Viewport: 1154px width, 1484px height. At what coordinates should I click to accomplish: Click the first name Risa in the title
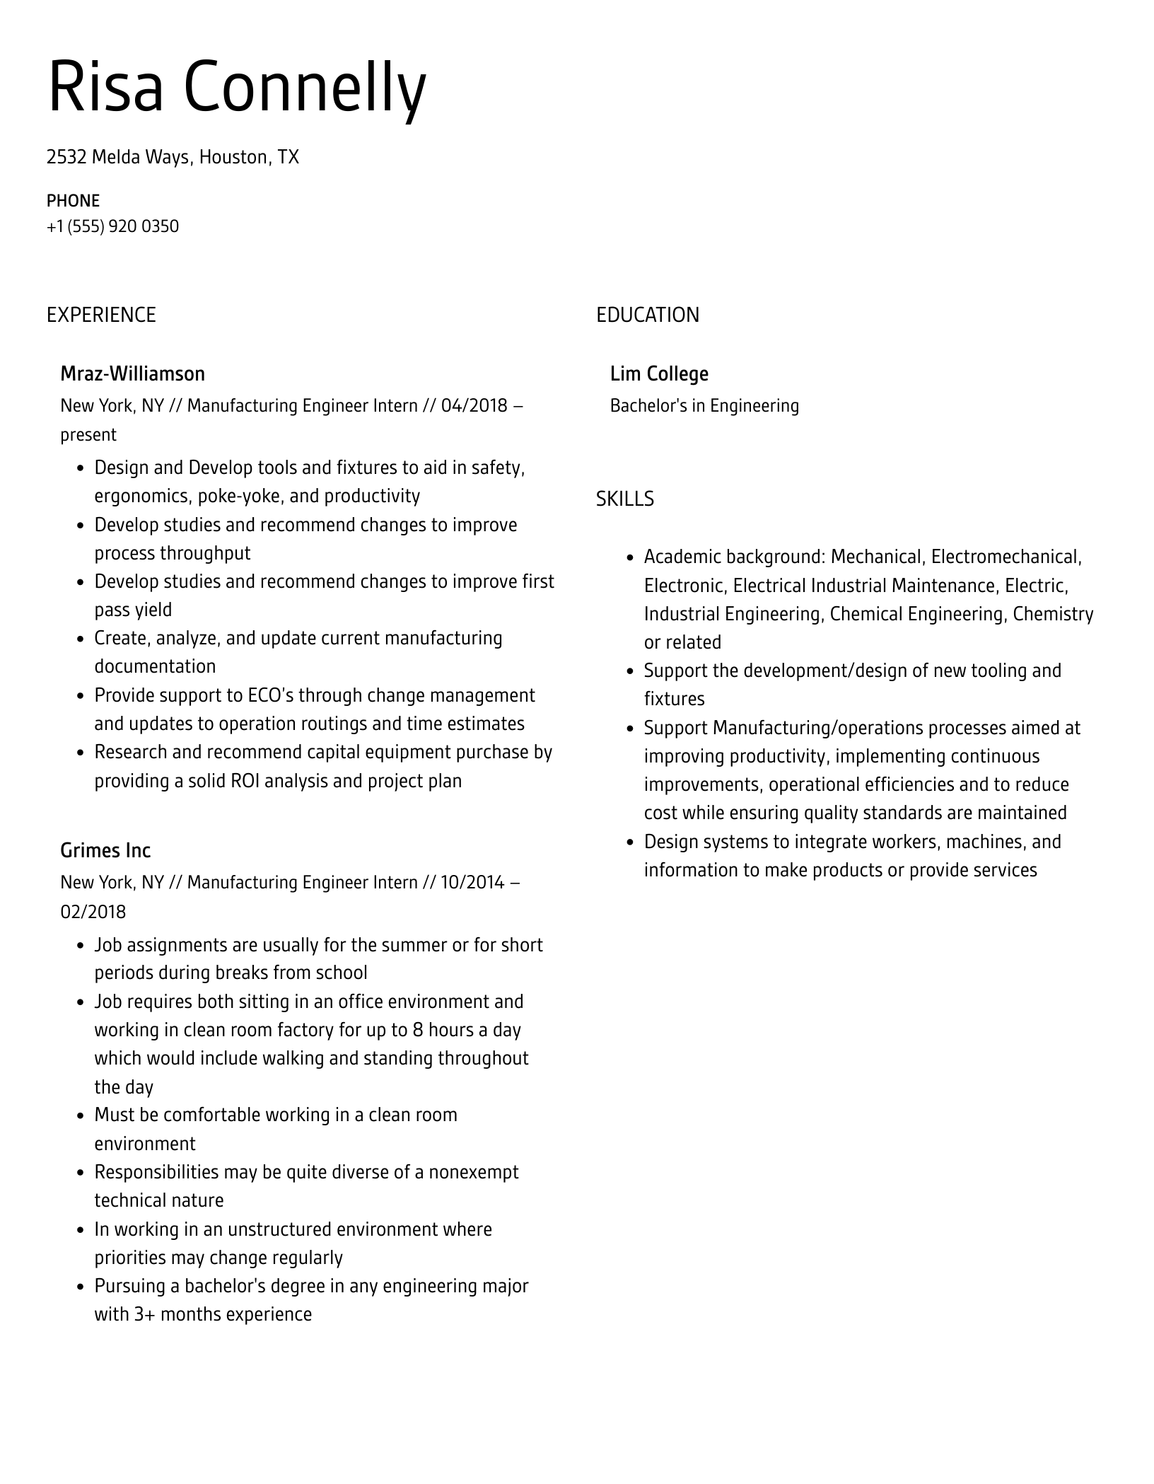(105, 88)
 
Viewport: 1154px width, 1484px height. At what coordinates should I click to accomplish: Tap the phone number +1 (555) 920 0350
(112, 226)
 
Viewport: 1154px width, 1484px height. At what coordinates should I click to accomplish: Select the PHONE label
(73, 201)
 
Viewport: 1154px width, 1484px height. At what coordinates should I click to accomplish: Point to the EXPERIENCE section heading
(101, 315)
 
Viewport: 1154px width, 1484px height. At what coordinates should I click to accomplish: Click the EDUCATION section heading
(647, 315)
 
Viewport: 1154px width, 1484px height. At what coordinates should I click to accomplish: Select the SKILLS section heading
(624, 499)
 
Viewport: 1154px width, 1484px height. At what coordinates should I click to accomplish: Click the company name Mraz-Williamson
(132, 373)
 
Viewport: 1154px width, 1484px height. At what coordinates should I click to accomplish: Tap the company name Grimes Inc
(105, 850)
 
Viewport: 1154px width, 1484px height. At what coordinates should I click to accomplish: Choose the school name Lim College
(659, 373)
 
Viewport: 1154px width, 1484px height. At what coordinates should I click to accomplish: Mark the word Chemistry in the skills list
(1053, 614)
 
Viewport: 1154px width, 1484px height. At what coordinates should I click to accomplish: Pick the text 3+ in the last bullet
(145, 1314)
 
